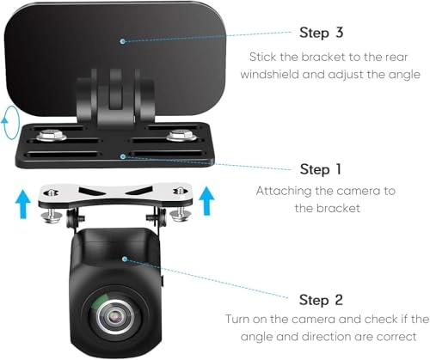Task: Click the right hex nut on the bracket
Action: (x=180, y=134)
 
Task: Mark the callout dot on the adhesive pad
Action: (x=124, y=40)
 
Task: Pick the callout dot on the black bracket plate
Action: (x=125, y=156)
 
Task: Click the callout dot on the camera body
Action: (x=124, y=257)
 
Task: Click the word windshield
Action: (x=282, y=74)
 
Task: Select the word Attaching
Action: (x=285, y=190)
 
